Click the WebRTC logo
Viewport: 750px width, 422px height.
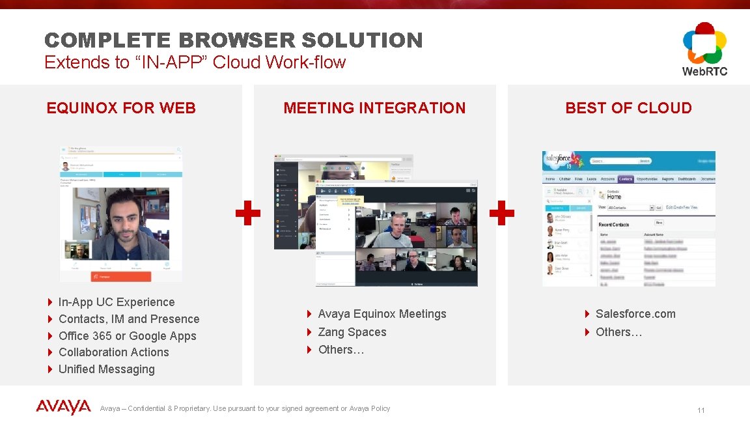pos(704,49)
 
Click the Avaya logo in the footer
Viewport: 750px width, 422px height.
pos(63,407)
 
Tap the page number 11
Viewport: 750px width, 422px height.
pos(701,410)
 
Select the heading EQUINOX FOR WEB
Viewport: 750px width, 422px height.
pos(121,108)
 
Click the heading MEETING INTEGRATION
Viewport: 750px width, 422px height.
pos(374,108)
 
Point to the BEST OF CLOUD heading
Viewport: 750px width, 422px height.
pos(628,108)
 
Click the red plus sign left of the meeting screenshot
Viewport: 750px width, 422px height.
pos(248,213)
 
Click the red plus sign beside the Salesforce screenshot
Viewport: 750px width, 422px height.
pos(501,213)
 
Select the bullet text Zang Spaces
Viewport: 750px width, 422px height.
pos(352,332)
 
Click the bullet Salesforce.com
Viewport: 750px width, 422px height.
pos(635,314)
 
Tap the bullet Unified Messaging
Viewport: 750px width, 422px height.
pos(107,369)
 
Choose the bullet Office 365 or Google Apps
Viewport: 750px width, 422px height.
pos(127,336)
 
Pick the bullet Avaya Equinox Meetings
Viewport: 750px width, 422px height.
pos(382,314)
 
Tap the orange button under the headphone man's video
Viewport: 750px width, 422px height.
pos(121,276)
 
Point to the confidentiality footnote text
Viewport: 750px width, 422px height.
pos(245,408)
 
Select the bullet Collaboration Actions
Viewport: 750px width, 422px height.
pos(113,352)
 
